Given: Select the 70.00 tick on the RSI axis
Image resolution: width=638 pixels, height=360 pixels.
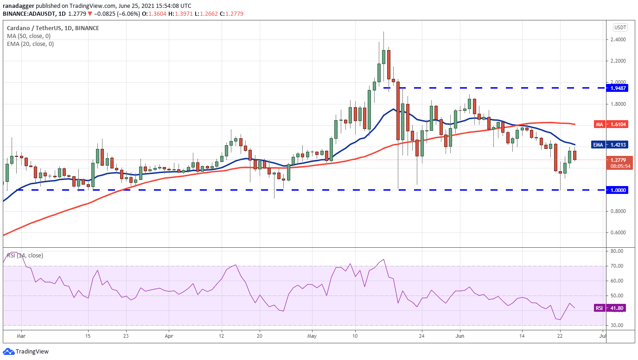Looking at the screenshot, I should coord(616,266).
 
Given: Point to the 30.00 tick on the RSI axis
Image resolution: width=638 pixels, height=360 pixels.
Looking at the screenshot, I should coord(616,325).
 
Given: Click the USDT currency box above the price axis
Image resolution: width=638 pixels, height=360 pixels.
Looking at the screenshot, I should coord(620,27).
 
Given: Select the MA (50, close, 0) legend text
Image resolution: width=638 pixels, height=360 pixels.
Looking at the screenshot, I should coord(29,36).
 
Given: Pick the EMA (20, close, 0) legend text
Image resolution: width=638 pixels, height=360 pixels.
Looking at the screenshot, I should coord(30,44).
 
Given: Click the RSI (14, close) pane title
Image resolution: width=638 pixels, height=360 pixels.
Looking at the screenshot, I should coord(26,255).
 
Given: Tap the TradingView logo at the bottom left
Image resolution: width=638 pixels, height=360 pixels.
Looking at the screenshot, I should coord(26,352).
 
